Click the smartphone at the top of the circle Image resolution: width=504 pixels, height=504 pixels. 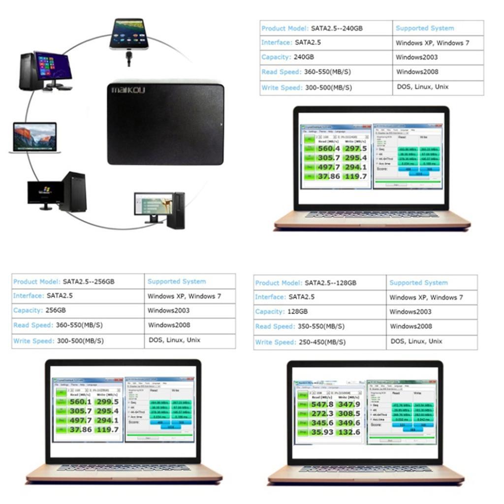tap(128, 34)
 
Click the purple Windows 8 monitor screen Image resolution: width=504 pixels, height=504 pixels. tap(53, 65)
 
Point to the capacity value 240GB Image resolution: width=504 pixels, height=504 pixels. tap(304, 57)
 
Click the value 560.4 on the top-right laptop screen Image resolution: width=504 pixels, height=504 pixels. tap(329, 149)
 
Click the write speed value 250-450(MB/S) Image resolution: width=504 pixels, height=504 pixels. tap(322, 342)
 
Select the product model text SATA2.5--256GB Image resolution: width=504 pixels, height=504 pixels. tap(89, 282)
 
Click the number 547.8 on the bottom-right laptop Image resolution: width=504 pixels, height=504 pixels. tap(322, 405)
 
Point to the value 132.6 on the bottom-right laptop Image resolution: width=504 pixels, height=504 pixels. tap(349, 432)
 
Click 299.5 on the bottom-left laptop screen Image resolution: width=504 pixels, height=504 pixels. tap(107, 402)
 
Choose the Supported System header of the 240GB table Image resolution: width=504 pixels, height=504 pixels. tap(425, 29)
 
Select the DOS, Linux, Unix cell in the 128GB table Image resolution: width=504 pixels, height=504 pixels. tap(416, 341)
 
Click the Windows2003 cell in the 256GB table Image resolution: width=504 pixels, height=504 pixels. tap(168, 311)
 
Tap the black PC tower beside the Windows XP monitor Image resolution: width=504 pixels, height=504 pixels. tap(74, 192)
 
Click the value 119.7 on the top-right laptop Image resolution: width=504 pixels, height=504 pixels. tap(355, 176)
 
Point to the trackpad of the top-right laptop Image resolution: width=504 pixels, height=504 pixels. tap(371, 222)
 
